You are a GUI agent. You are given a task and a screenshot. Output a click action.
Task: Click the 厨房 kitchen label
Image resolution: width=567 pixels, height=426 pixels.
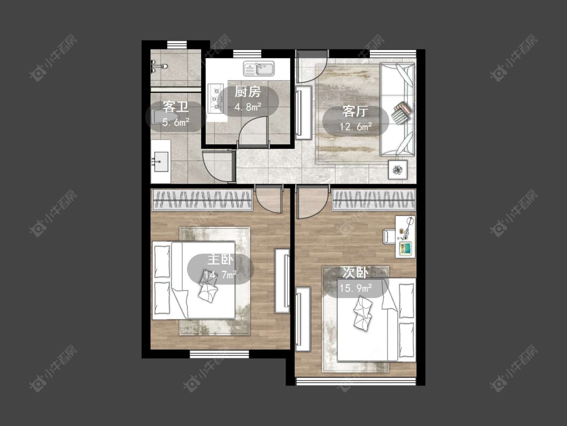[x=247, y=92]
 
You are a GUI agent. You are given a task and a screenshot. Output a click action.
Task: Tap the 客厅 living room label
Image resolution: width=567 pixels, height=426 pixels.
[x=355, y=112]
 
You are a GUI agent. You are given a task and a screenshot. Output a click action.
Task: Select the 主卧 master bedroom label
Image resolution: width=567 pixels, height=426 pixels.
[x=221, y=260]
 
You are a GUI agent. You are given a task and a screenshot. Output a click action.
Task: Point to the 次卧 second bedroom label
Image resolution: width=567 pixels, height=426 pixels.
[x=355, y=273]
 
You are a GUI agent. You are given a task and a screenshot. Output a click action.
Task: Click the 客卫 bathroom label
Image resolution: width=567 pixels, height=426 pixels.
[x=176, y=107]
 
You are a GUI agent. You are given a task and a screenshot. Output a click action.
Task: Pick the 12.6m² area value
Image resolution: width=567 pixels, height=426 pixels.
[x=355, y=126]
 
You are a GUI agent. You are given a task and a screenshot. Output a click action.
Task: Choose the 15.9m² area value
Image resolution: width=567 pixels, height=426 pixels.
[x=355, y=288]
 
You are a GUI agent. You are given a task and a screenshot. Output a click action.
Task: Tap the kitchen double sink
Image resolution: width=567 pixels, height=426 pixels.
[x=259, y=69]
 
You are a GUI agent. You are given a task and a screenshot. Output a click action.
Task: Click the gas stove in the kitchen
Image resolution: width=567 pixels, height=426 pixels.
[x=215, y=98]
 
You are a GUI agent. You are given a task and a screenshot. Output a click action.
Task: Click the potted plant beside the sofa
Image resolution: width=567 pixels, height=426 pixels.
[x=398, y=170]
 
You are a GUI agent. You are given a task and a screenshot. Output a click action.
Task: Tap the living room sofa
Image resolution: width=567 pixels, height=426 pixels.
[x=398, y=110]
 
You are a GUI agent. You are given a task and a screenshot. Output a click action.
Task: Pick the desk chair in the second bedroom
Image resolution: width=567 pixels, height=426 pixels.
[x=389, y=237]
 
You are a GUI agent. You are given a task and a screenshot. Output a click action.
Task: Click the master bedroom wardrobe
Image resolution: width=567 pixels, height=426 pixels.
[x=202, y=199]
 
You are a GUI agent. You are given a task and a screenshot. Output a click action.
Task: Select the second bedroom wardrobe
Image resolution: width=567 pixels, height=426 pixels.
[x=373, y=199]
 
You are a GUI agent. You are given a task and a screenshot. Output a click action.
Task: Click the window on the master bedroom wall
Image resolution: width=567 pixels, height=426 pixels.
[x=220, y=354]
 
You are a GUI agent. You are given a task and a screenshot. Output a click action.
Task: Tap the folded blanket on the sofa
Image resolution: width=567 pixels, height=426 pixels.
[x=401, y=113]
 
